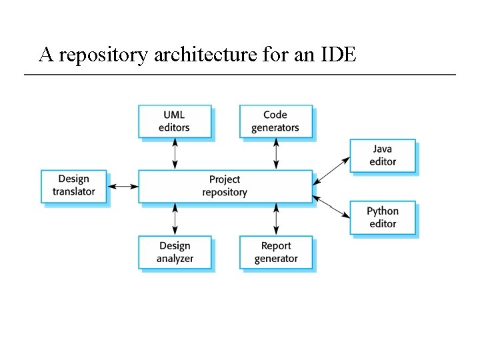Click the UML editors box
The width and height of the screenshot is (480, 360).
175,121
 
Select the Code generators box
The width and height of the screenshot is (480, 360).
276,121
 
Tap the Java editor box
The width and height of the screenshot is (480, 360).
383,156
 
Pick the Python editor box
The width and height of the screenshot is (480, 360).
383,217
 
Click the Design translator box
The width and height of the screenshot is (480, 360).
74,186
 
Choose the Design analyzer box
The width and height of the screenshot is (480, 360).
175,253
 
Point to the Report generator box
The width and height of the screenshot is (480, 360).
276,253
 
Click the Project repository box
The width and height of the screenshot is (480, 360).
225,186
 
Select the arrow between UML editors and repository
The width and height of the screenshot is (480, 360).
175,154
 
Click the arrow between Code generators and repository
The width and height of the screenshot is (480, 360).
276,154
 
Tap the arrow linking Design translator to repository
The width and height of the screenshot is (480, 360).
123,186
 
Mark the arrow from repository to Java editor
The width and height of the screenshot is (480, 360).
331,170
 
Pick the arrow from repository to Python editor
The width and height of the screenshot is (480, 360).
331,206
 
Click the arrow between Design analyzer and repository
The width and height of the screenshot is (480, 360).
175,219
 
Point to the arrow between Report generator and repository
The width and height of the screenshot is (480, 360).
276,219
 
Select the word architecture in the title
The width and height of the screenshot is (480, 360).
204,55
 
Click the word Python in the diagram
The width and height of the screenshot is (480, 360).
383,212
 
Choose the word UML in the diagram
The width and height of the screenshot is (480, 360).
174,115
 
